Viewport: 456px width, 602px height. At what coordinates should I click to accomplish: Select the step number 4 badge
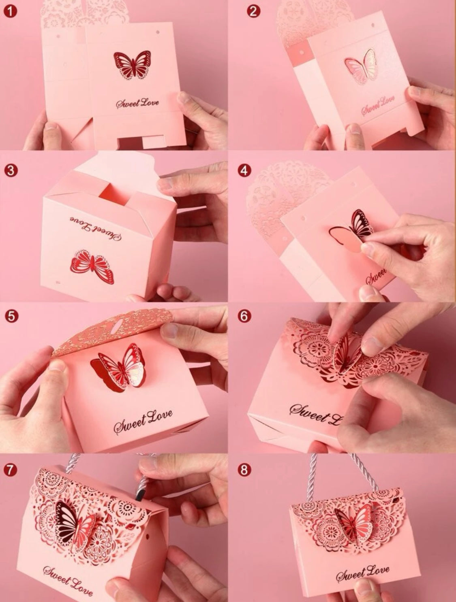[244, 170]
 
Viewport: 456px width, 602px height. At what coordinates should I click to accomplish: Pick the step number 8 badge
[244, 470]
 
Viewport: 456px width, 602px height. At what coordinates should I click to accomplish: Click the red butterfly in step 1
[132, 65]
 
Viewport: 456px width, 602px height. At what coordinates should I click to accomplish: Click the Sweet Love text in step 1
[138, 103]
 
